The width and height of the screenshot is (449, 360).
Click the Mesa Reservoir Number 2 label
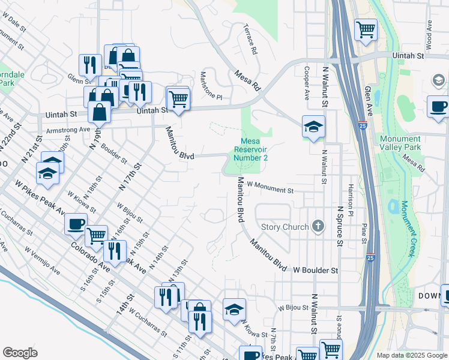pos(250,149)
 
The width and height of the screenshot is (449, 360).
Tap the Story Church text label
pos(285,227)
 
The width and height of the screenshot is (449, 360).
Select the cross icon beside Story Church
pos(318,227)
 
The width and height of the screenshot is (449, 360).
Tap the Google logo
pos(20,353)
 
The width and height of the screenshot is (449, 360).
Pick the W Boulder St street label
pos(316,271)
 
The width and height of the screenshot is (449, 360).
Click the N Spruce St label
pos(340,226)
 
